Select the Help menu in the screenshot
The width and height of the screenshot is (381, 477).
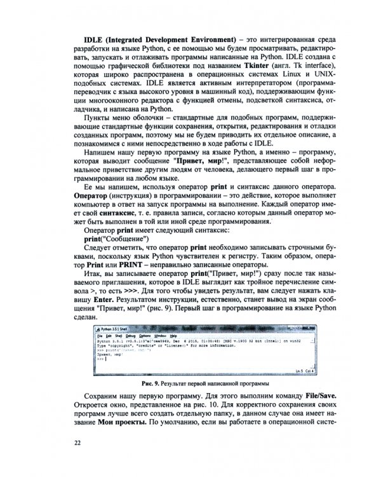173,335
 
